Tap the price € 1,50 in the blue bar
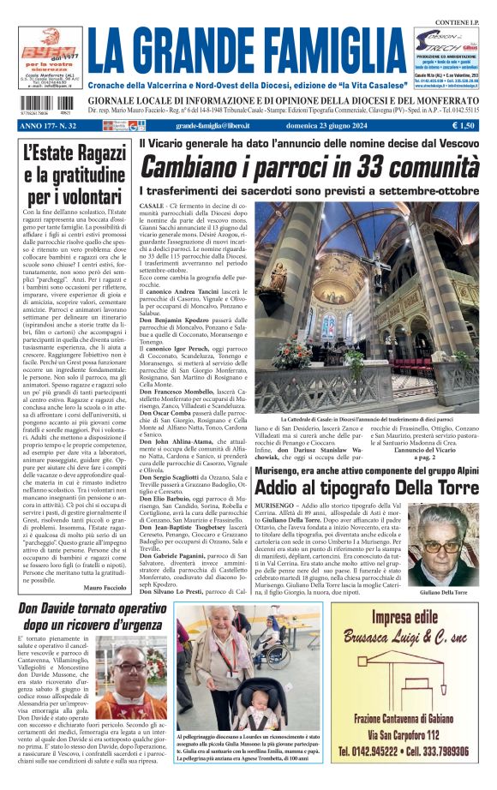click(466, 125)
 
